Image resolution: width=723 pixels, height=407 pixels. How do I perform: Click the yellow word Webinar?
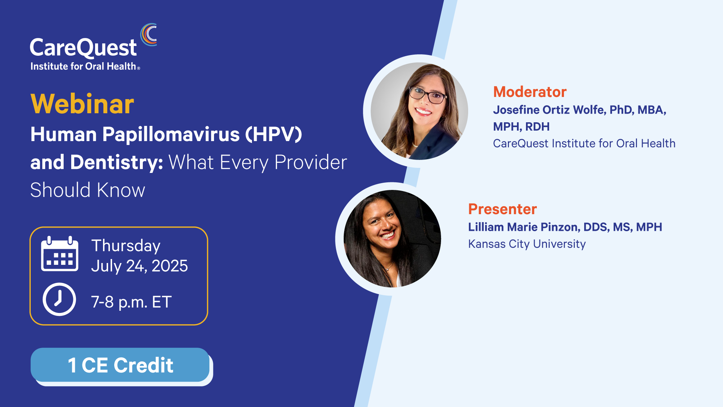coord(82,104)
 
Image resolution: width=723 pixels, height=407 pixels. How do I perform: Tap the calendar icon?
coord(60,254)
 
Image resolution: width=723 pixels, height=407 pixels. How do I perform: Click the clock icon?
coord(59,299)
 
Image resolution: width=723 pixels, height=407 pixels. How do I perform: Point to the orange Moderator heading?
coord(530,92)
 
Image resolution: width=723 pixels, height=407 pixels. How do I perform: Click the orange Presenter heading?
coord(502,209)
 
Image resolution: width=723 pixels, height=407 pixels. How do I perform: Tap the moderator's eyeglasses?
coord(428,95)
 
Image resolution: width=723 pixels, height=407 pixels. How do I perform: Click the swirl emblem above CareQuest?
coord(149,35)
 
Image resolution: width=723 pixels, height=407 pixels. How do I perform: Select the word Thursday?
coord(126,246)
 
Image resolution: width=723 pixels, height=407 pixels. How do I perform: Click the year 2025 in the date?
coord(170,266)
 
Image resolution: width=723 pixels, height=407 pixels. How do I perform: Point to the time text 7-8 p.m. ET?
coord(131,302)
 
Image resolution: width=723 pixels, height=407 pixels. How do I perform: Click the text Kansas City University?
coord(527,244)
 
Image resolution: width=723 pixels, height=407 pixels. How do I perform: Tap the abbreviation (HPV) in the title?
coord(273,134)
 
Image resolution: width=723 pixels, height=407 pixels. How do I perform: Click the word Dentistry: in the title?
coord(117,162)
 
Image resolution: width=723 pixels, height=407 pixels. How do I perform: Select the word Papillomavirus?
coord(171,135)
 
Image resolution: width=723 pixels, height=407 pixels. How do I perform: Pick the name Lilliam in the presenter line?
coord(486,227)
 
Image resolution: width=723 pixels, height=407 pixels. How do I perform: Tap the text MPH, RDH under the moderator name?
coord(521,127)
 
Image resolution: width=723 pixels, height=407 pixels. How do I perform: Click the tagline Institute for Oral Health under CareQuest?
coord(84,67)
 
